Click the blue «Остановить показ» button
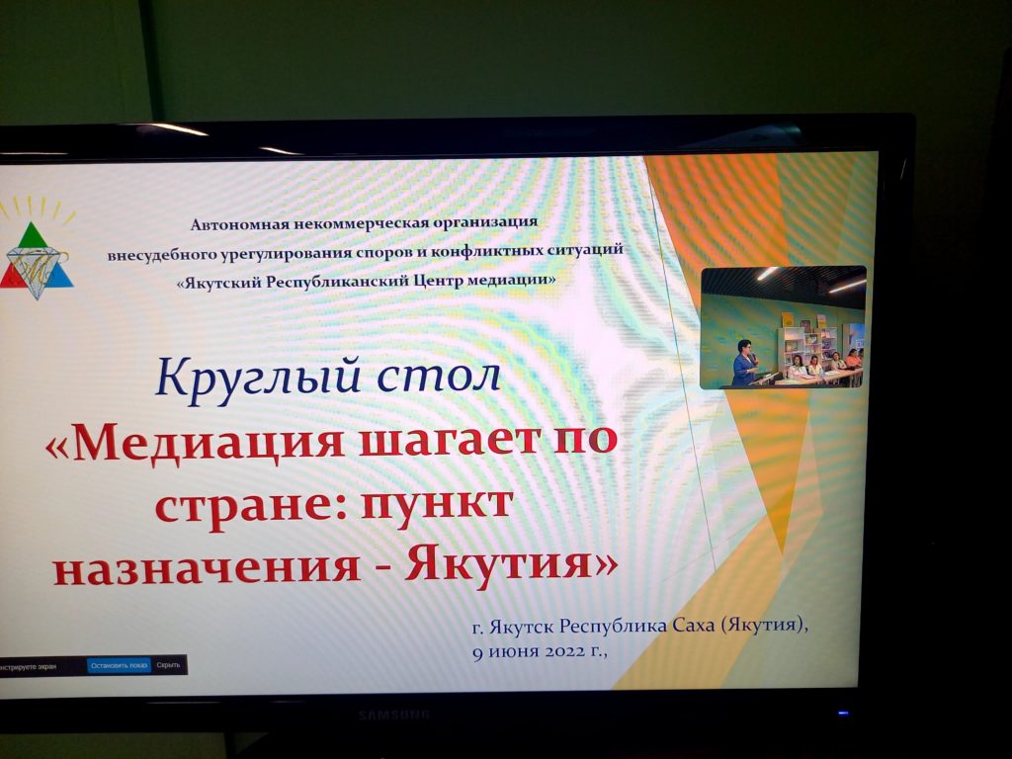point(119,665)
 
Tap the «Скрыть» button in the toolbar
point(168,665)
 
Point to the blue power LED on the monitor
point(842,713)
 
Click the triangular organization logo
point(38,260)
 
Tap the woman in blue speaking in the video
point(743,365)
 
